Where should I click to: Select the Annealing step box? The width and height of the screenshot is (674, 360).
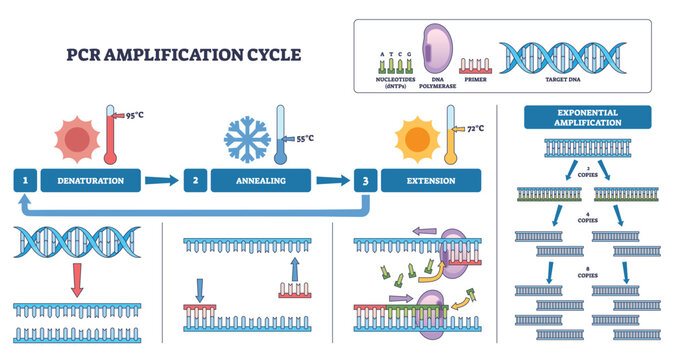pos(261,181)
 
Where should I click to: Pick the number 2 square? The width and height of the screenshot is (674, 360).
pos(196,181)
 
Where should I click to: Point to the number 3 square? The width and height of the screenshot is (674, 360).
pos(365,181)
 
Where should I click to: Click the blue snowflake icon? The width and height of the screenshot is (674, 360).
pos(245,136)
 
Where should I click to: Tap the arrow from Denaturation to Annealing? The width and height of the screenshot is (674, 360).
pos(161,181)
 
